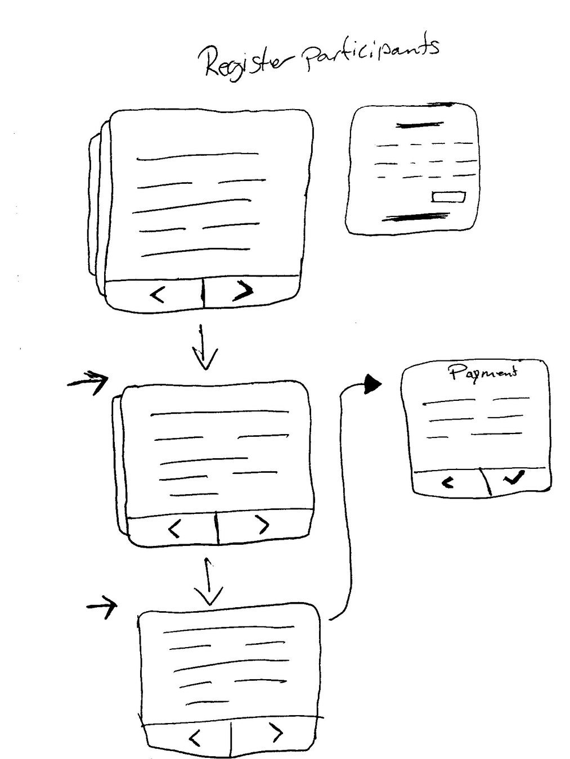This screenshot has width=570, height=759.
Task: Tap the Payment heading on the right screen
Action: [x=483, y=372]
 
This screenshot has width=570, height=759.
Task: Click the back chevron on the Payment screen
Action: [x=448, y=482]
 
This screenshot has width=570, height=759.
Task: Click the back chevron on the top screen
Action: [x=158, y=294]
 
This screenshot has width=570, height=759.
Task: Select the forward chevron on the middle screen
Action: [x=262, y=525]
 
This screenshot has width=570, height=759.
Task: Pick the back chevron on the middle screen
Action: [x=174, y=528]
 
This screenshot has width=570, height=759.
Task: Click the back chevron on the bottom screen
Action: [x=195, y=737]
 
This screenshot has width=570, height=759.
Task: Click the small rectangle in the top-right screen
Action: [x=448, y=197]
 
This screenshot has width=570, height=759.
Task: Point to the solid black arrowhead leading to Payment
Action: [x=372, y=385]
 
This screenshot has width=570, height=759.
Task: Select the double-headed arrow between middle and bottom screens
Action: [x=209, y=582]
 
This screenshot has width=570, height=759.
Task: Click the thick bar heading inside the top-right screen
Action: [x=419, y=125]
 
